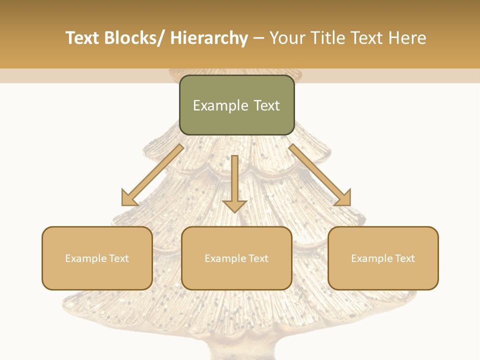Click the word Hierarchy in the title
[209, 38]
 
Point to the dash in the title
[258, 38]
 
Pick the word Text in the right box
[403, 258]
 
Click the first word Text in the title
[84, 38]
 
